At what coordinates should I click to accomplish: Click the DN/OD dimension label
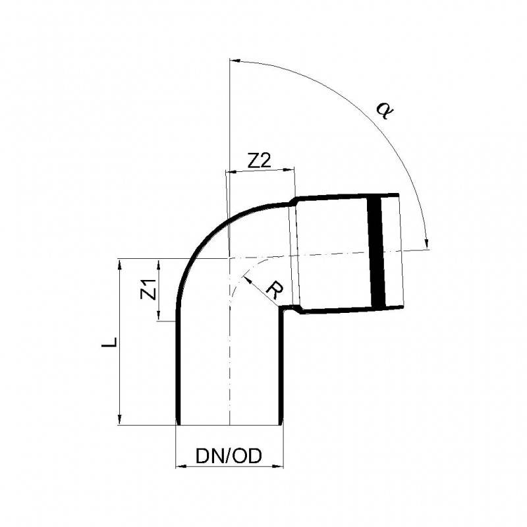(x=228, y=456)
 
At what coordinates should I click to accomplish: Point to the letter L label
(x=109, y=342)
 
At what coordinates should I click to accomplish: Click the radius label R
(x=275, y=290)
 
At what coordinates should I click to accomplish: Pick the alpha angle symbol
(x=384, y=110)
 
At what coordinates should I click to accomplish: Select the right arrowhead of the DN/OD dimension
(x=277, y=466)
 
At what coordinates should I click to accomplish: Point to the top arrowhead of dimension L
(x=120, y=264)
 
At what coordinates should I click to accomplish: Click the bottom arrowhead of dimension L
(x=120, y=419)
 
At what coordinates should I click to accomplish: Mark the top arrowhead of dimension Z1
(x=159, y=264)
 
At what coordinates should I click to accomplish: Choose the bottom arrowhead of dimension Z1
(x=159, y=315)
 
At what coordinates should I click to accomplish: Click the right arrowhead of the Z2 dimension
(x=289, y=169)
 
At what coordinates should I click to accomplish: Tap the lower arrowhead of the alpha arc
(x=427, y=243)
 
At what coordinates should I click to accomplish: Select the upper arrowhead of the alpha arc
(x=235, y=61)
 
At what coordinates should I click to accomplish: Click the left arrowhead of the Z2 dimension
(x=232, y=172)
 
